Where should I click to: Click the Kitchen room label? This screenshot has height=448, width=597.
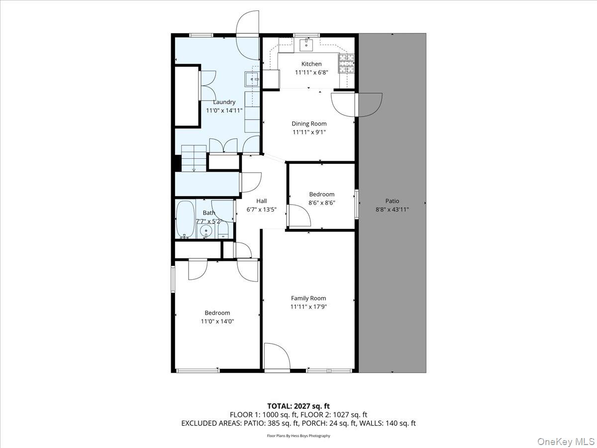coord(311,64)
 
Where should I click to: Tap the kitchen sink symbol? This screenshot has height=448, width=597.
coord(306,45)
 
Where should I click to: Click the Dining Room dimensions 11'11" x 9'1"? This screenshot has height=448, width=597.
coord(309,132)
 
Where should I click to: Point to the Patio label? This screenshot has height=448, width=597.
coord(392,201)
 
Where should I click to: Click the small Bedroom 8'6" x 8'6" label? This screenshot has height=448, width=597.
coord(321,195)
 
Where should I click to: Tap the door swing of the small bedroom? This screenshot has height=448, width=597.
coord(300,217)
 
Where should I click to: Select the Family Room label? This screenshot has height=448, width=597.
coord(308,298)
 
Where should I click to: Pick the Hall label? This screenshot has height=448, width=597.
coord(262,201)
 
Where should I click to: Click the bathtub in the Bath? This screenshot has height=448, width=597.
coord(186,219)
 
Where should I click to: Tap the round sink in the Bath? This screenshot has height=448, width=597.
coord(205,231)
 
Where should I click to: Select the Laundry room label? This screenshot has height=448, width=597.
coord(224,102)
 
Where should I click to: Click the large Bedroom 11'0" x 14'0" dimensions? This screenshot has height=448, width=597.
coord(217,322)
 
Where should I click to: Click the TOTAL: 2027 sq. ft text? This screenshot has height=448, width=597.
coord(298,406)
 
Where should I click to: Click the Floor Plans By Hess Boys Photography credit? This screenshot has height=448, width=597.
coord(298,436)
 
